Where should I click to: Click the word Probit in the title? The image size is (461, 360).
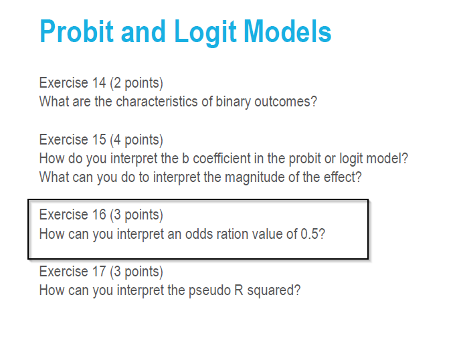pyautogui.click(x=76, y=32)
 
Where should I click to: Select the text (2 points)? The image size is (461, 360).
pyautogui.click(x=136, y=83)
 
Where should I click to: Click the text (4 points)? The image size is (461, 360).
pyautogui.click(x=136, y=140)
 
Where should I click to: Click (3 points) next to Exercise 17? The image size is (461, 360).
pyautogui.click(x=136, y=272)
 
